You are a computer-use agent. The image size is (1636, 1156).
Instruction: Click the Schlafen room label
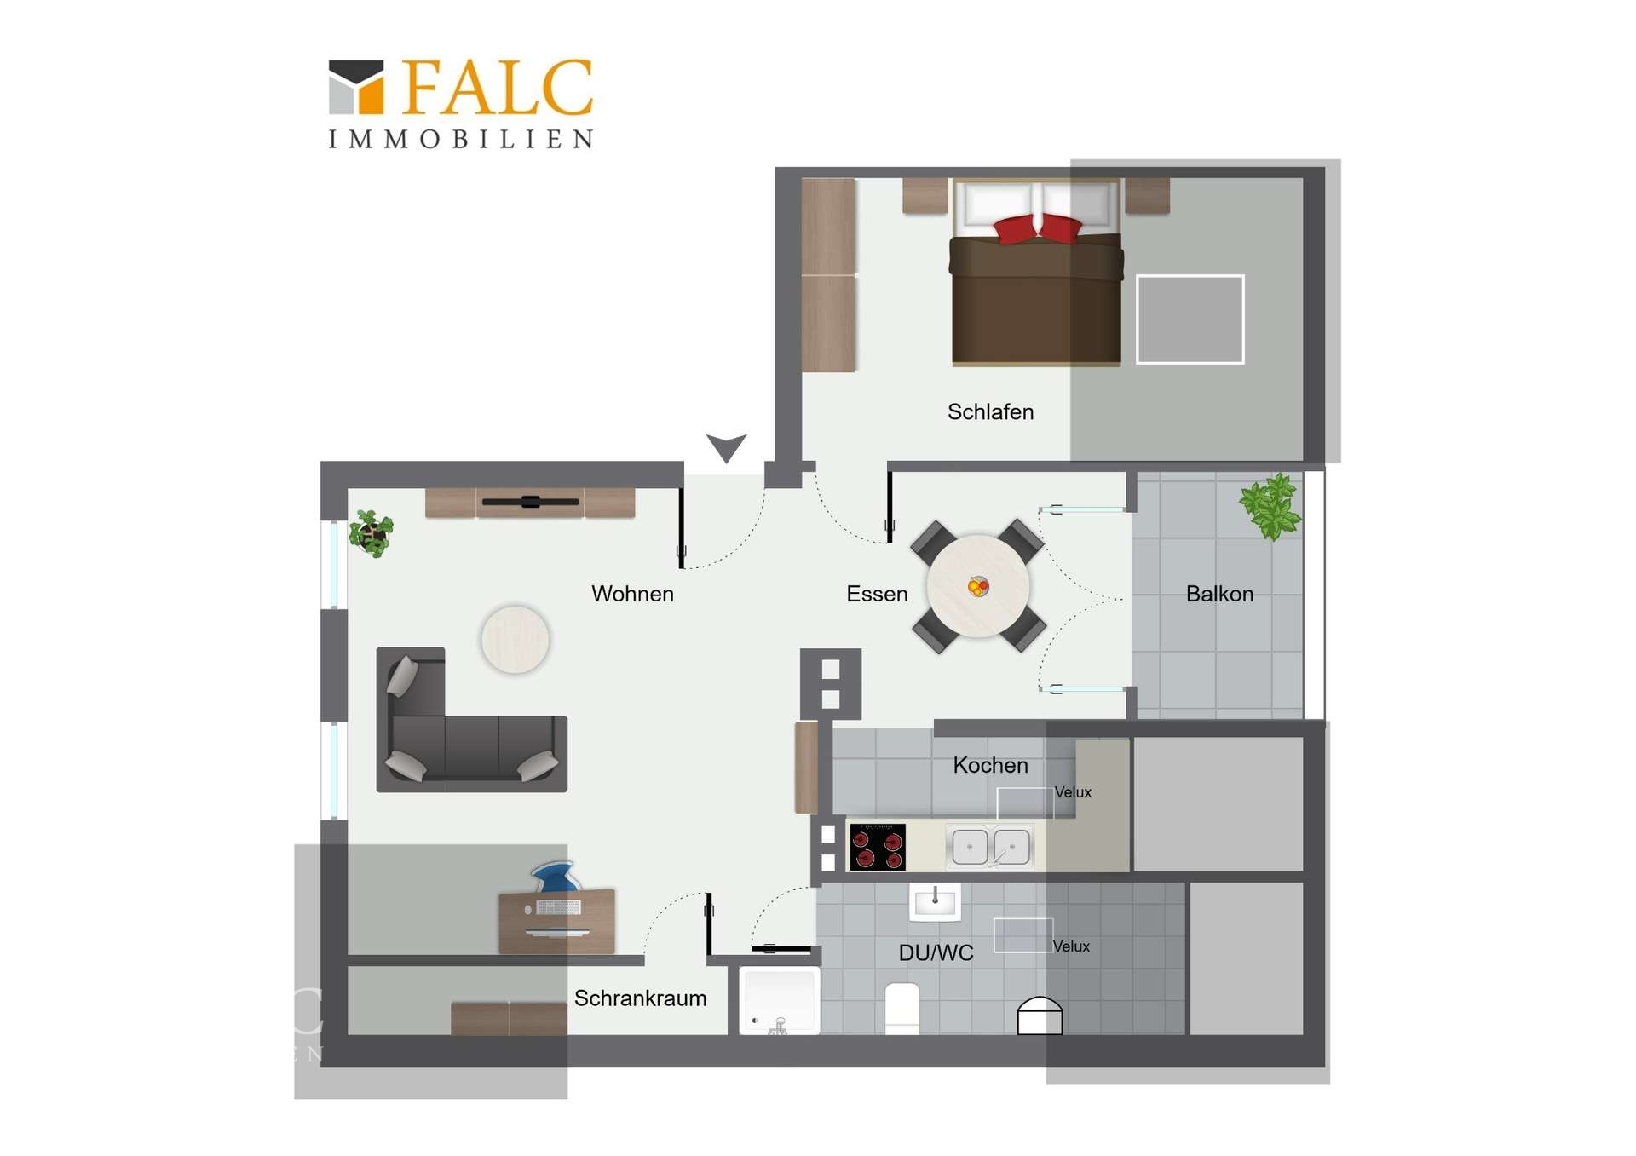(x=990, y=412)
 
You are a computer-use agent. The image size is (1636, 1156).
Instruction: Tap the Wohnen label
(x=632, y=594)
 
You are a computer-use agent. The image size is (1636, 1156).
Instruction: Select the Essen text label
(x=877, y=594)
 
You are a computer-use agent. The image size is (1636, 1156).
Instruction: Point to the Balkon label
(x=1219, y=594)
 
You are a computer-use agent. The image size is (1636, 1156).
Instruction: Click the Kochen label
(x=990, y=765)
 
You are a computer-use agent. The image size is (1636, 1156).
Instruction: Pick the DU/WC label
(x=936, y=953)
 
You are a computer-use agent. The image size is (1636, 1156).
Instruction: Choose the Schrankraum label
(x=640, y=998)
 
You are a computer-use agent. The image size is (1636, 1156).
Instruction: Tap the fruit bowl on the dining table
(x=978, y=586)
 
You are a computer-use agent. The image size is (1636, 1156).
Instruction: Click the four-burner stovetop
(x=878, y=847)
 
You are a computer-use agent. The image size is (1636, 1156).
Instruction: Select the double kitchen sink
(x=990, y=847)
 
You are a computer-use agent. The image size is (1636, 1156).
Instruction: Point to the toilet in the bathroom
(x=902, y=1009)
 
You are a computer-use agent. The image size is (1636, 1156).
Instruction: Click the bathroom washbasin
(x=935, y=902)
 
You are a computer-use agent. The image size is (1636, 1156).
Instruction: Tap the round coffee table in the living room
(x=515, y=639)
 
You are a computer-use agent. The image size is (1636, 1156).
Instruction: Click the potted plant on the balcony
(x=1270, y=508)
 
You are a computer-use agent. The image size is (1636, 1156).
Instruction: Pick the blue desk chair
(x=554, y=877)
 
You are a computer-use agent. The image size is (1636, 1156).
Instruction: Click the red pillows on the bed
(x=1037, y=228)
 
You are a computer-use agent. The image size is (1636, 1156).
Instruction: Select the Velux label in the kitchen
(x=1073, y=792)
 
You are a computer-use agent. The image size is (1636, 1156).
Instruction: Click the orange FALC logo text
(x=498, y=87)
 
